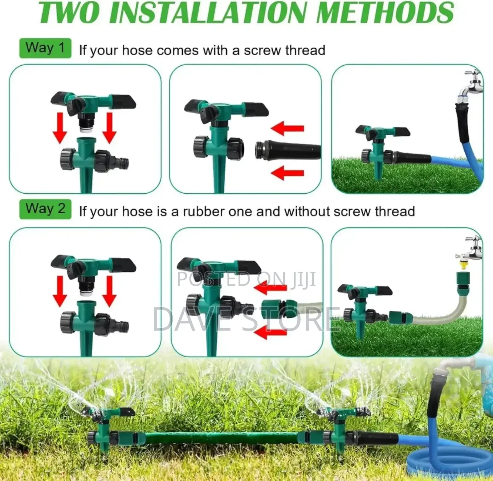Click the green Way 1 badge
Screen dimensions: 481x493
pyautogui.click(x=45, y=48)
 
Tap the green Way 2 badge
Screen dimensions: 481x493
pyautogui.click(x=45, y=209)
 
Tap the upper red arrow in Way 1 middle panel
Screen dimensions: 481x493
pyautogui.click(x=288, y=128)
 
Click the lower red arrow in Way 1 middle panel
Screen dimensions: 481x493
pyautogui.click(x=288, y=173)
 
